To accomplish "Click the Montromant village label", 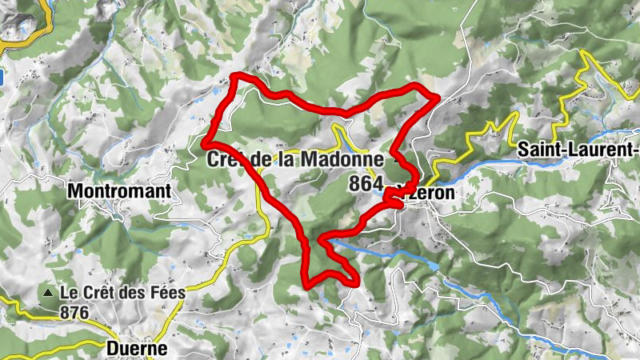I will pyautogui.click(x=120, y=191).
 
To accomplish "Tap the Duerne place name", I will pyautogui.click(x=137, y=349).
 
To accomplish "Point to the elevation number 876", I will pyautogui.click(x=74, y=314).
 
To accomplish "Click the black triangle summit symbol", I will pyautogui.click(x=49, y=294).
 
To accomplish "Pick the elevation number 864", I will pyautogui.click(x=366, y=184).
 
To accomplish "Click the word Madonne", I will pyautogui.click(x=342, y=159).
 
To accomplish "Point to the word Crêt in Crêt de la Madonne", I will pyautogui.click(x=226, y=159).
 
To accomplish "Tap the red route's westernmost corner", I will pyautogui.click(x=206, y=143).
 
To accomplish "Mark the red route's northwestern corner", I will pyautogui.click(x=235, y=77).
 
